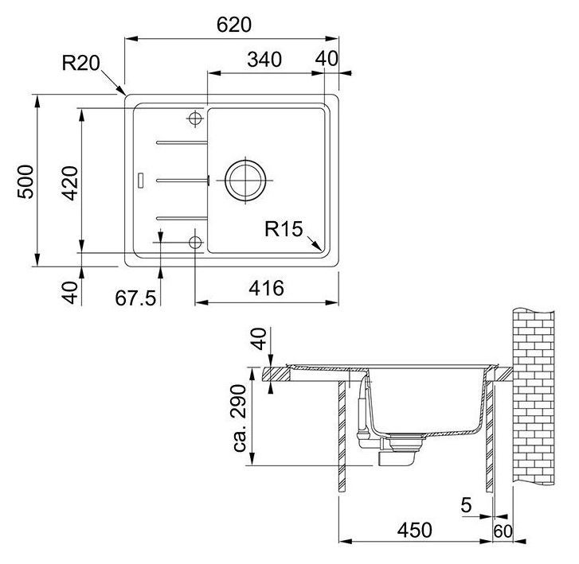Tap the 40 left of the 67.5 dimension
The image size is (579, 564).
tap(70, 293)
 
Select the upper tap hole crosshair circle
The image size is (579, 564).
tap(194, 119)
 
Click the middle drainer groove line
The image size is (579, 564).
tap(182, 180)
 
